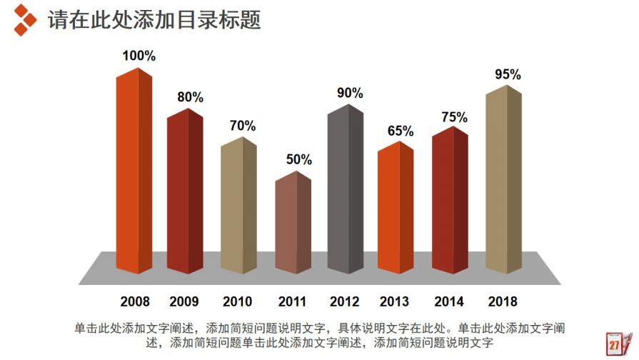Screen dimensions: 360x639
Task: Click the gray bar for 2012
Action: [x=346, y=189]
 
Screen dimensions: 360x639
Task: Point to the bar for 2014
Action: [x=450, y=200]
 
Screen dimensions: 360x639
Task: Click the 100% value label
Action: [x=139, y=56]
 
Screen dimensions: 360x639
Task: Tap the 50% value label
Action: [x=299, y=159]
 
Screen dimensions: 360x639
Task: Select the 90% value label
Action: [x=350, y=93]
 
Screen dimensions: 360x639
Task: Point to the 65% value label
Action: [x=401, y=131]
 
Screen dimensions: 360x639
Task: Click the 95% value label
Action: [x=508, y=74]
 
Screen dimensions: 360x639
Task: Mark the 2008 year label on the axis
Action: [x=135, y=301]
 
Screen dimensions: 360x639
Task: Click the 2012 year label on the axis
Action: [x=345, y=301]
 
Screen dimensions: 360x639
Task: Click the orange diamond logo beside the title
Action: [x=25, y=19]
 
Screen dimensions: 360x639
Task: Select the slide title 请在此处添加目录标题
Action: [x=154, y=19]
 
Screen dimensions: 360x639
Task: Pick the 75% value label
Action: [x=454, y=117]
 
